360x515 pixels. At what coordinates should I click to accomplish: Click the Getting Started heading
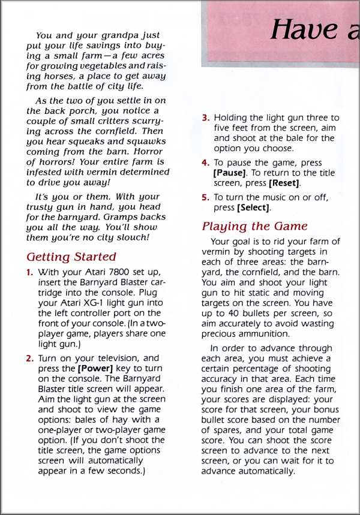[x=71, y=257]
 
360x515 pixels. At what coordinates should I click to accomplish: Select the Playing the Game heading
[x=254, y=226]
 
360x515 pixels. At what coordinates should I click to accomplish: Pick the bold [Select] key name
[x=254, y=208]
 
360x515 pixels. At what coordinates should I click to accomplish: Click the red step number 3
[x=205, y=118]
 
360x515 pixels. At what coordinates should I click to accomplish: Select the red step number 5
[x=205, y=198]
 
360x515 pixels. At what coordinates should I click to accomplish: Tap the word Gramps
[x=127, y=216]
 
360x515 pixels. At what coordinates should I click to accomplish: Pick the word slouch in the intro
[x=132, y=237]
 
